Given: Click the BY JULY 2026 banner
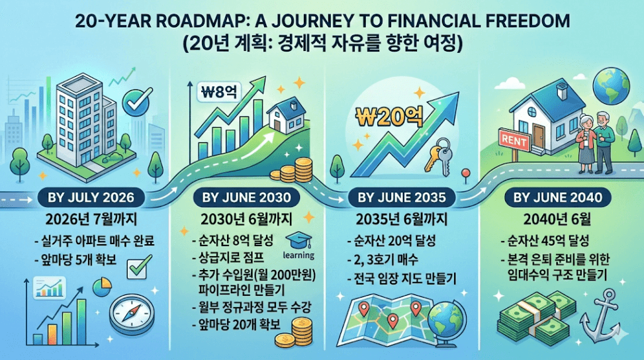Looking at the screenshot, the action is point(91,197).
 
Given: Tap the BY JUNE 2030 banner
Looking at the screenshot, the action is point(246,197).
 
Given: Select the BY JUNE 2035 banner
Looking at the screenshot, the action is point(401,197).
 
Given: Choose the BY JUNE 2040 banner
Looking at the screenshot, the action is point(557,197).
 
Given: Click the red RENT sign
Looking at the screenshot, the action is point(514,141).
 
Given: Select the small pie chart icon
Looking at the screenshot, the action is point(103,287).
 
